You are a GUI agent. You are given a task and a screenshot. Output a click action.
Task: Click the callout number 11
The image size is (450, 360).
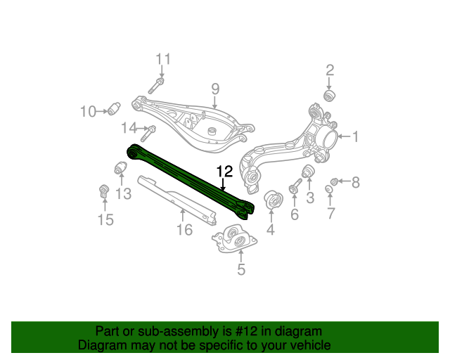coord(163,58)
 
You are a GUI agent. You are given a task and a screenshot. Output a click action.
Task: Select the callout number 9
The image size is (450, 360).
coord(216,89)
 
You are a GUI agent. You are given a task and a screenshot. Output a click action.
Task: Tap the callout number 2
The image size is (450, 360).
coord(329,70)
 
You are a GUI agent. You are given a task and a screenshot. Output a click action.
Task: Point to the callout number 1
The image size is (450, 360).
coord(355,136)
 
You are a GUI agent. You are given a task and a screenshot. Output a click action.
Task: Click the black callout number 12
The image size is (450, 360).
coord(224,171)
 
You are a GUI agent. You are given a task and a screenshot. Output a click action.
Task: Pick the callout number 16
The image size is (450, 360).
coord(184,229)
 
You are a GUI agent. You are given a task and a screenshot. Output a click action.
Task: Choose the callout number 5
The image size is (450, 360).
coord(241,269)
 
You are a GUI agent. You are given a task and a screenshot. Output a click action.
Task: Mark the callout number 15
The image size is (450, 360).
coord(105,220)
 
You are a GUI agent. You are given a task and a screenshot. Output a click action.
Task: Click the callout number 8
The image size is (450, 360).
coord(355,183)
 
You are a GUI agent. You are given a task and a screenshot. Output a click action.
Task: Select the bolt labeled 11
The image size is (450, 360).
coord(156,86)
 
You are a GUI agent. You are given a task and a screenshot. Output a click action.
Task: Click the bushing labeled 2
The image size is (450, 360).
coord(328,95)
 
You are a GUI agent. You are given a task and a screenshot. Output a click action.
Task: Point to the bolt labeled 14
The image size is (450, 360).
coord(149,129)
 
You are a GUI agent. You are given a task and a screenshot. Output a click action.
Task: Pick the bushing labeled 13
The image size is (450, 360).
coord(120,169)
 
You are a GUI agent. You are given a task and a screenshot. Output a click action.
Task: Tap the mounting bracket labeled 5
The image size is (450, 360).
coord(235,240)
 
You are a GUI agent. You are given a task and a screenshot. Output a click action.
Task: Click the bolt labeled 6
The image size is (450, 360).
coord(295,186)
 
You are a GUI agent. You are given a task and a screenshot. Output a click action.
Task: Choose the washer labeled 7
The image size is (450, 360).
coord(329,190)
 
